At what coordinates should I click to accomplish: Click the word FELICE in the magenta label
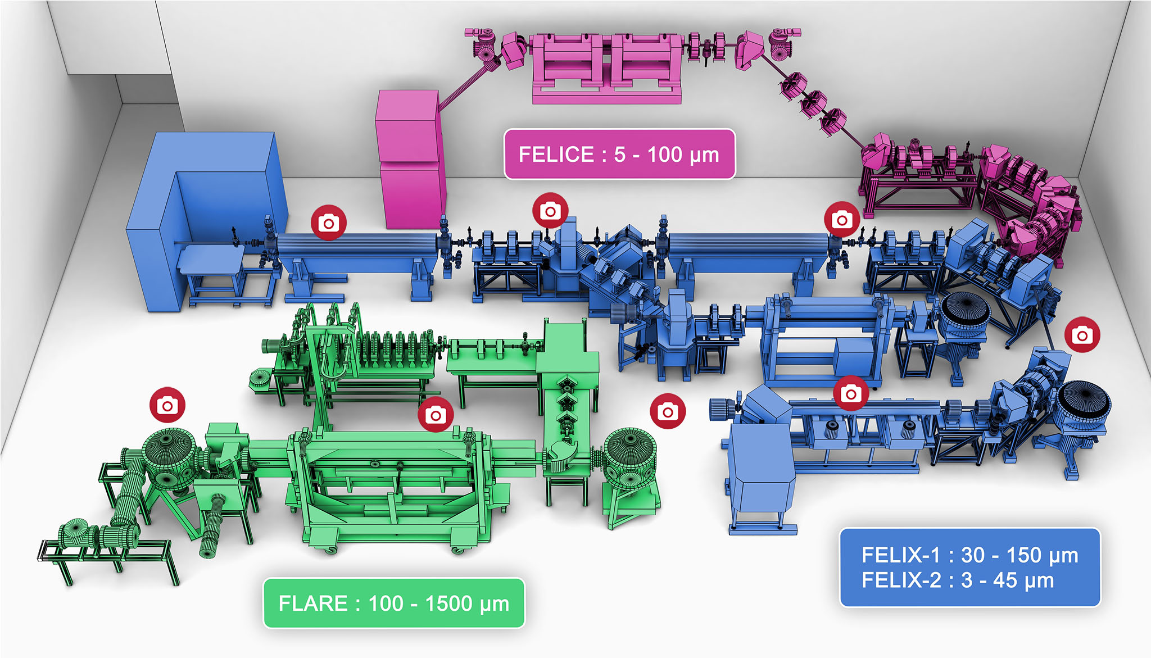[555, 155]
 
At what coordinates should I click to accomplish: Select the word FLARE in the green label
[313, 603]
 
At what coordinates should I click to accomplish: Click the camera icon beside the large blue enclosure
[329, 223]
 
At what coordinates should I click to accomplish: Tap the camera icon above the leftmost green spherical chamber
[167, 405]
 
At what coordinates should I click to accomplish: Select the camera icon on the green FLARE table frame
[435, 415]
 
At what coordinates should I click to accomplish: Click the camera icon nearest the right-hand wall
[1082, 335]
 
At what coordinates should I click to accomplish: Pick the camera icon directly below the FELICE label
[550, 211]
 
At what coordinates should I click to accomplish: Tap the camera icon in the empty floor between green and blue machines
[667, 412]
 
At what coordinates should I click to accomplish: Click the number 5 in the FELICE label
[619, 155]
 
